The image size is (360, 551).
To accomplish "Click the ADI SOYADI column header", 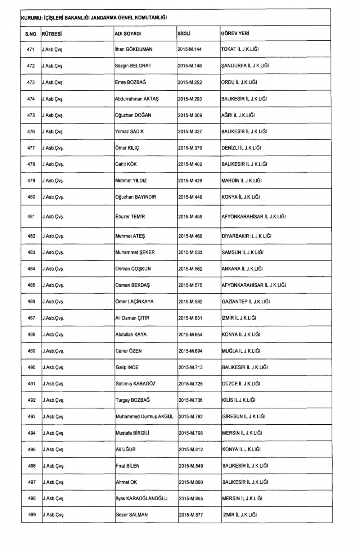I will (127, 33).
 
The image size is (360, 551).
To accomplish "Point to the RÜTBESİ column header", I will (52, 34).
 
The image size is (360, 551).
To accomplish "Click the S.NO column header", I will (31, 34).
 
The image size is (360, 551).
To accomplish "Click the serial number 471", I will (31, 49).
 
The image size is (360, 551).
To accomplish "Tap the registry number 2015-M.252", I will (190, 82).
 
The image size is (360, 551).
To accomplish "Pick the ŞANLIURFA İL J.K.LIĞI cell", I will (245, 66).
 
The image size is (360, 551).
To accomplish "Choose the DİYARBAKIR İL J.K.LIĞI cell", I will (246, 236).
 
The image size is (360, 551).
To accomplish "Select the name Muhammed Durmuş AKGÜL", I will (144, 416).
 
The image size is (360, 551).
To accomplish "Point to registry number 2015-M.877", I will (191, 515).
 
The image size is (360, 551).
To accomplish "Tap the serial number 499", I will (32, 515).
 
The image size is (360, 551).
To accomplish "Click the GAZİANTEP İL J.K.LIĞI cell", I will (246, 302).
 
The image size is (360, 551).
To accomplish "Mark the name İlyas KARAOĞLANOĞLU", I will (141, 498).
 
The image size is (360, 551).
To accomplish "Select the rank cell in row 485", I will (53, 285).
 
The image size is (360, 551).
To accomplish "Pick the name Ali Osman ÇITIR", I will (132, 318).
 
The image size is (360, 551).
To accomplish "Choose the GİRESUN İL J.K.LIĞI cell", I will (243, 416).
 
